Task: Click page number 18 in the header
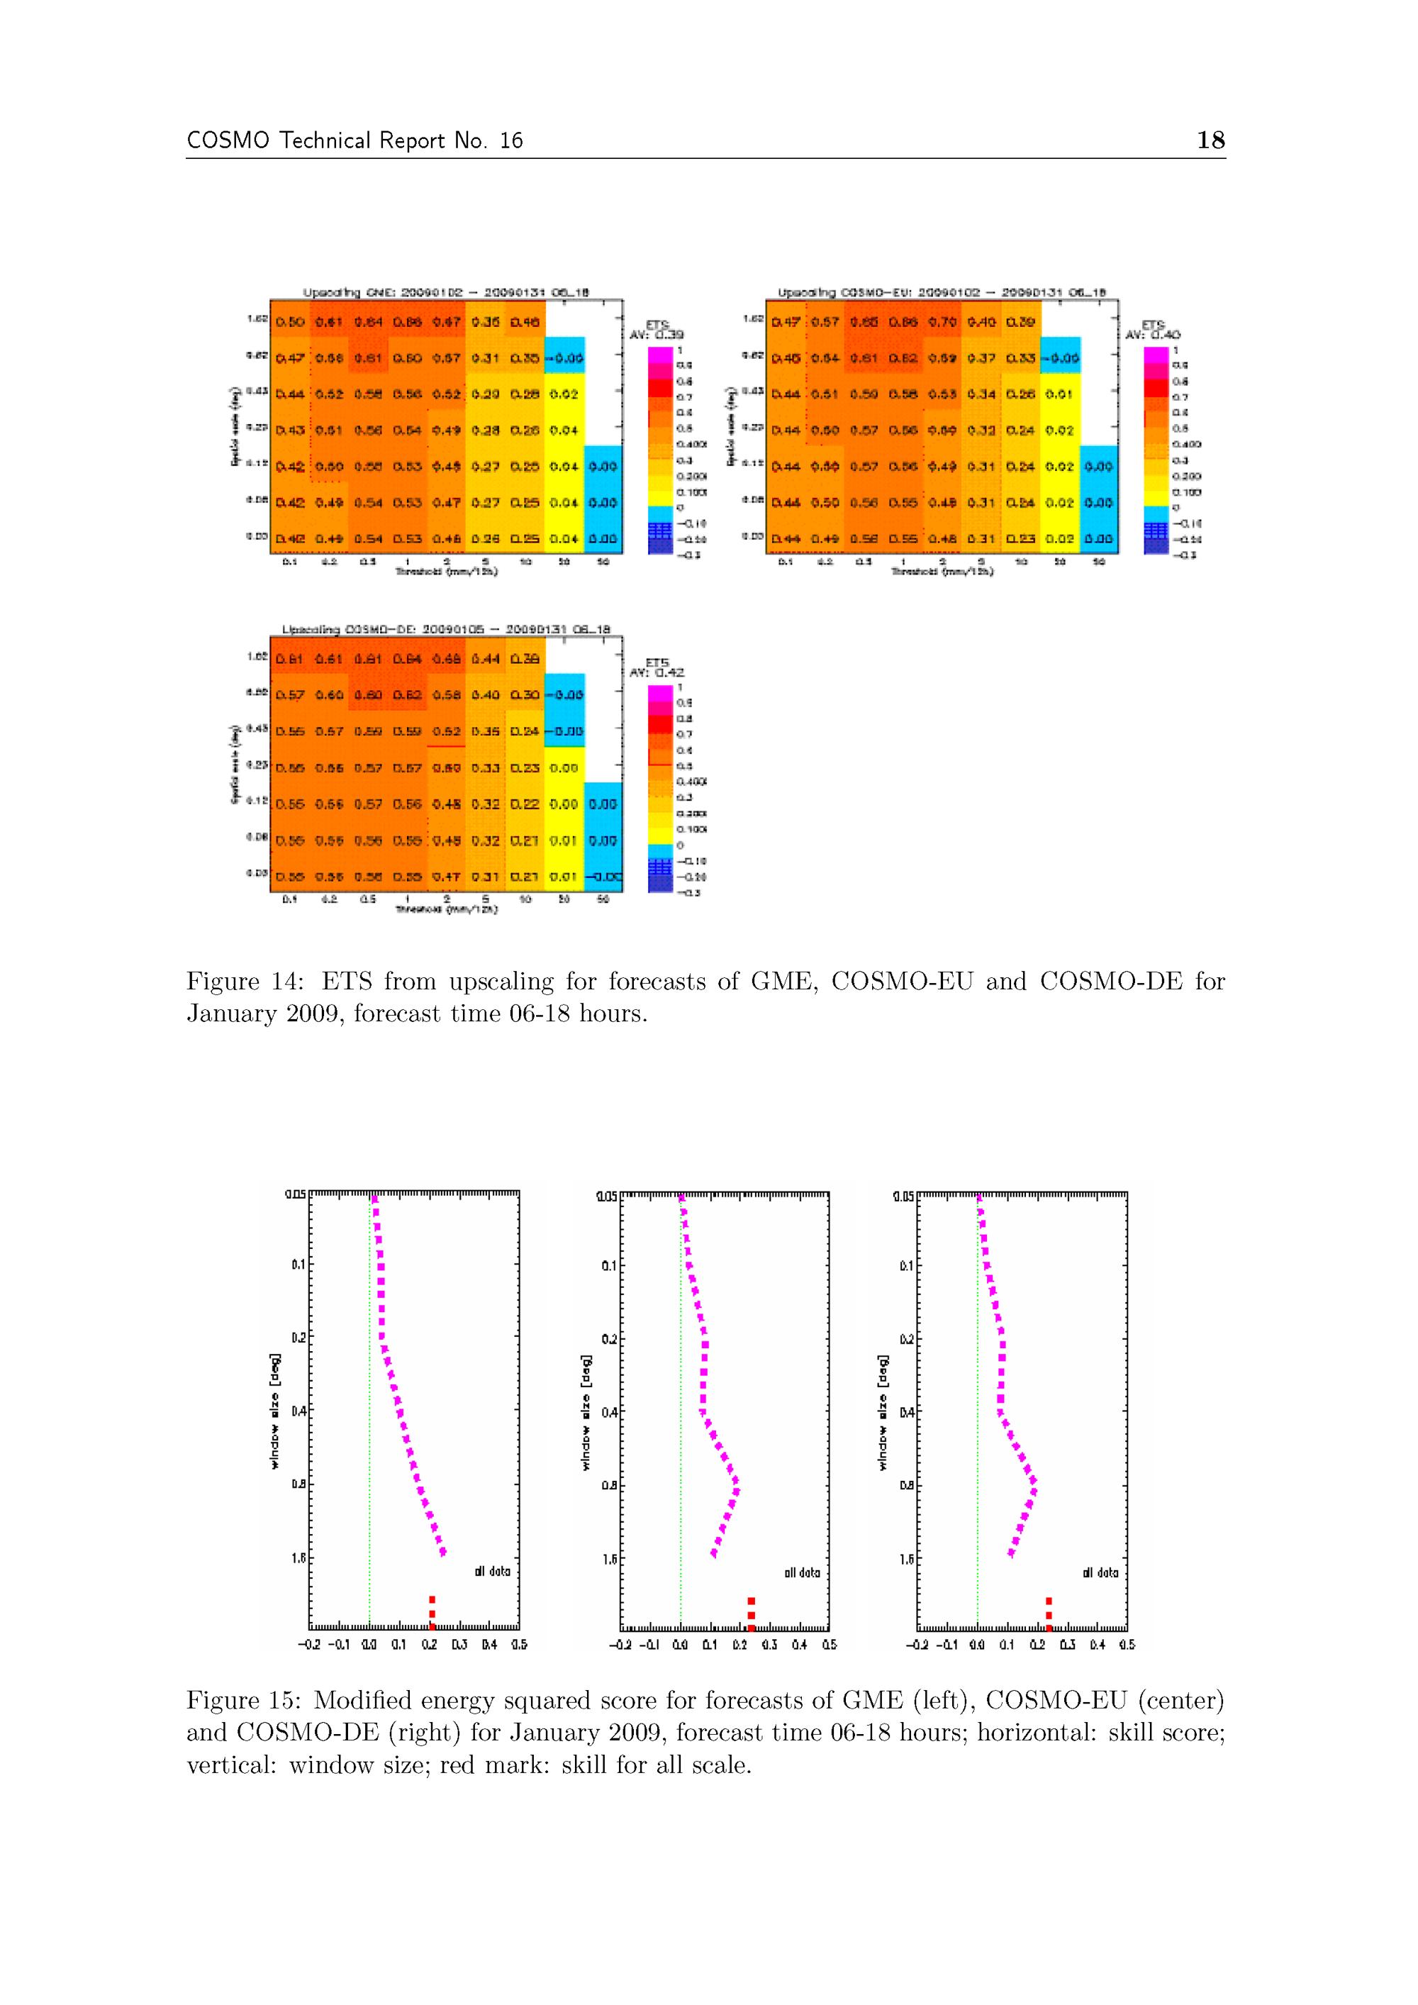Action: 1210,140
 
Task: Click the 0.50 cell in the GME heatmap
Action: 290,322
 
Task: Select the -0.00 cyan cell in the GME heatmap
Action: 564,357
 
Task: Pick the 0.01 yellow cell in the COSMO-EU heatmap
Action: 1059,394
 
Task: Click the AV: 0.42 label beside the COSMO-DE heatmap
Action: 657,672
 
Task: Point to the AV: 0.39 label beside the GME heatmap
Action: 657,335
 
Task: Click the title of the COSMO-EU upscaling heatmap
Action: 942,292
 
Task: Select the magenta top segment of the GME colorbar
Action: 660,355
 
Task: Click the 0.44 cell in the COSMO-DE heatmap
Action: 486,660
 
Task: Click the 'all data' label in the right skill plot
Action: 1100,1573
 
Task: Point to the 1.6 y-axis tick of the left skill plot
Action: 298,1557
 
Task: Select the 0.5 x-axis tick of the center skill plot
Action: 830,1644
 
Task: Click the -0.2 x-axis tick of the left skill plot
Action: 308,1644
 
